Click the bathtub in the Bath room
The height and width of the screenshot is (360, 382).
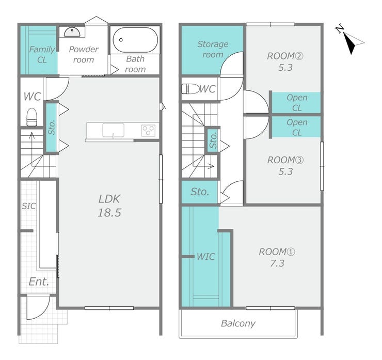coord(135,40)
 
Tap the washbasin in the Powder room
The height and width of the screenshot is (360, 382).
coord(72,32)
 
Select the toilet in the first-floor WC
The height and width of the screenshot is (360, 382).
coord(31,117)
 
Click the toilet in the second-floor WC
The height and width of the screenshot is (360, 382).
coord(190,89)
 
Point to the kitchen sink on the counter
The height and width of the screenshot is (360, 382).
coord(113,130)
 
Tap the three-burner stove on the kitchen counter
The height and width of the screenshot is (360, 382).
coord(148,130)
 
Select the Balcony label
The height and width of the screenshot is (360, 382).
coord(238,323)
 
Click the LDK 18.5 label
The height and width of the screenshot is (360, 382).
coord(109,206)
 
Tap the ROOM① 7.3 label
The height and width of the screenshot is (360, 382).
coord(277,257)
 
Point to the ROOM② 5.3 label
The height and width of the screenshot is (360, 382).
coord(285,61)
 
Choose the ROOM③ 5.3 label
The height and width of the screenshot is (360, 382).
coord(285,165)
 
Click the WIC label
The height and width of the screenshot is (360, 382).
coord(206,256)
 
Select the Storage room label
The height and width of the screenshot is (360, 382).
coord(213,49)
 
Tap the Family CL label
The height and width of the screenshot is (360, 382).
coord(42,55)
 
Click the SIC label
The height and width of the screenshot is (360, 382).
coord(29,206)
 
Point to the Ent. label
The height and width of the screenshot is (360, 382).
coord(39,282)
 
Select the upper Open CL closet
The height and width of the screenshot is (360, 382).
coord(296,103)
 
